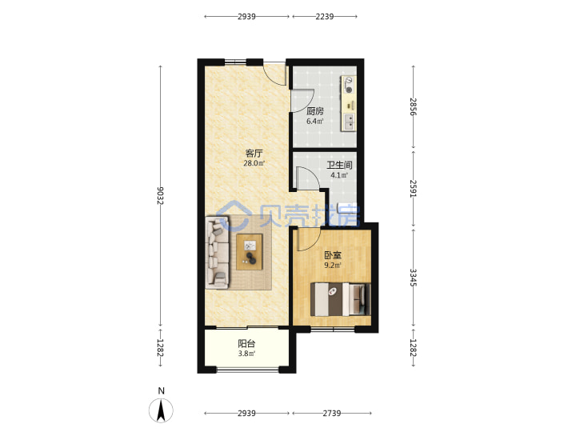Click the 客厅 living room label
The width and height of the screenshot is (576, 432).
pos(254,153)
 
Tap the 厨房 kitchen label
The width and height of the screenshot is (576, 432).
pos(315,111)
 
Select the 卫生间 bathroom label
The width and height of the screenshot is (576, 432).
pos(339,166)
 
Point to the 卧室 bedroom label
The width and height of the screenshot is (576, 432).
pos(333,255)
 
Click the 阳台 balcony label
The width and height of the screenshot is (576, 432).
pos(246,344)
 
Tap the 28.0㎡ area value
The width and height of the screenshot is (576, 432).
pos(254,163)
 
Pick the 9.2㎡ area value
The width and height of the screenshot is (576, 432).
pos(333,266)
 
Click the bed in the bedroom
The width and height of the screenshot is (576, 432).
pos(341,299)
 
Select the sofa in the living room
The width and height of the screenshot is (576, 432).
pos(218,251)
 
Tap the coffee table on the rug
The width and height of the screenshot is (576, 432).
pos(250,252)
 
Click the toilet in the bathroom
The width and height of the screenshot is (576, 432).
pos(346,208)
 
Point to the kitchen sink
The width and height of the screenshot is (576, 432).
pos(348,122)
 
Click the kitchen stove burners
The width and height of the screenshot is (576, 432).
pos(349,85)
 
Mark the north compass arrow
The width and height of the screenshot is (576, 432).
pos(161,410)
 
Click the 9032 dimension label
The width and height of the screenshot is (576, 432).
pos(161,196)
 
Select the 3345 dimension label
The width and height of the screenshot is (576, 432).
pos(414,278)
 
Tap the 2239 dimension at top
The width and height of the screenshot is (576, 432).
pos(325,17)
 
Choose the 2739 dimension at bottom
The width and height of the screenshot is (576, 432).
pos(332,414)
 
